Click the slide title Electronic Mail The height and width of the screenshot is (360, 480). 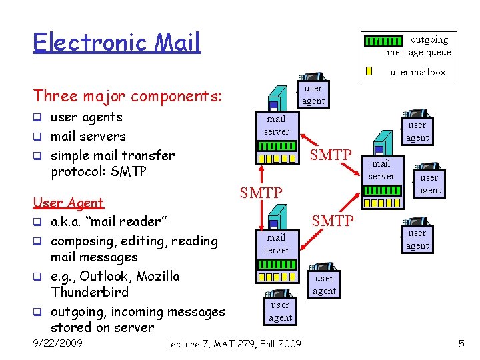point(117,42)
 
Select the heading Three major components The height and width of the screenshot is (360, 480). point(127,96)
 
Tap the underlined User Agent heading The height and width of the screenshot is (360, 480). point(69,203)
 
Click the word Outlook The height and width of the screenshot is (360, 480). point(109,276)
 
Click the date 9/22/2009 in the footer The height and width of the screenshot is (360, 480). point(58,343)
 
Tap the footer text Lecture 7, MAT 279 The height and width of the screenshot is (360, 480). point(213,343)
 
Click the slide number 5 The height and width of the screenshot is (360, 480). point(461,343)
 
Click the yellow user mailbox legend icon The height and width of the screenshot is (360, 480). point(369,71)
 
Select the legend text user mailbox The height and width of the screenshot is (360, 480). point(417,72)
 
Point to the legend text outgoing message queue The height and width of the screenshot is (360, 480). point(420,46)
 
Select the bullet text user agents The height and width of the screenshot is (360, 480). point(87,117)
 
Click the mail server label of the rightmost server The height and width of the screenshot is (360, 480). point(381,170)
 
